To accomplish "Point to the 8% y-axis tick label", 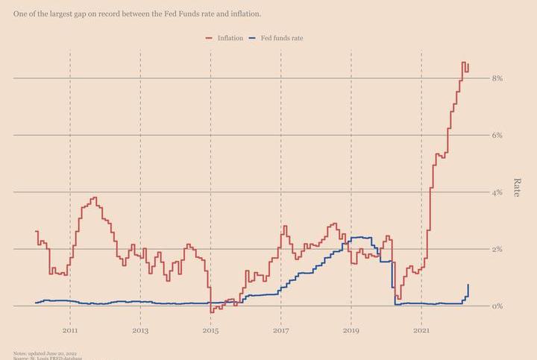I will [x=497, y=78].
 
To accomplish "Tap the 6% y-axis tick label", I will [x=497, y=135].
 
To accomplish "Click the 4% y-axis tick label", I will [x=497, y=192].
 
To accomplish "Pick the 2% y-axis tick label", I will [x=497, y=249].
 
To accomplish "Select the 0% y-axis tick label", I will [x=497, y=306].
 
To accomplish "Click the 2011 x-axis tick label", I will [x=70, y=330].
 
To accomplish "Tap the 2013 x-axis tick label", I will [x=140, y=330].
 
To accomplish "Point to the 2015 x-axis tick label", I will [x=210, y=330].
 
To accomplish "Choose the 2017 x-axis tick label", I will [x=281, y=330].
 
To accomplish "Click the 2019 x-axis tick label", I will [x=351, y=330].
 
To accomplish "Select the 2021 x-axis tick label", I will [x=422, y=330].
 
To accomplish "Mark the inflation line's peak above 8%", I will [x=464, y=63].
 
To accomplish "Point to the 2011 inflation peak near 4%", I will [x=94, y=198].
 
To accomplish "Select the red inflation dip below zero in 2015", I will [x=212, y=311].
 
